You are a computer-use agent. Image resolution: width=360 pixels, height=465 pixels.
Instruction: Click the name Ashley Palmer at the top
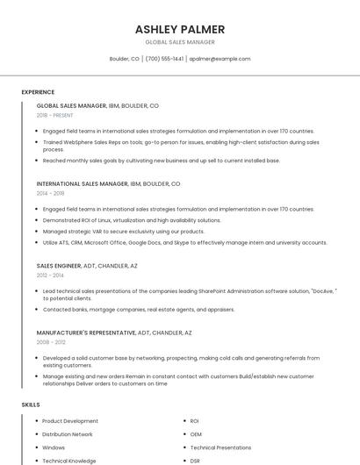179,29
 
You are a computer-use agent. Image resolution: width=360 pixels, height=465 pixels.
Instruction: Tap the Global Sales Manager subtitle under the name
179,42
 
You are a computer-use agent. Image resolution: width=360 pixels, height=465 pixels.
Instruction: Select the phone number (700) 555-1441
164,59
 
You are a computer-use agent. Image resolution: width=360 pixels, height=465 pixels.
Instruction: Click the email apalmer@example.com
220,59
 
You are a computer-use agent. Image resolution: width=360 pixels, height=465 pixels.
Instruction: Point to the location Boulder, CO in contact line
124,59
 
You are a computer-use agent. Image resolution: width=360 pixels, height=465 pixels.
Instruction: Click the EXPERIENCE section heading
38,92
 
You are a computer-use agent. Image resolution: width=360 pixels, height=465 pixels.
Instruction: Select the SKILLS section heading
31,404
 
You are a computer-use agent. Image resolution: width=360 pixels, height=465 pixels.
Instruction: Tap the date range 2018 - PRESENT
55,115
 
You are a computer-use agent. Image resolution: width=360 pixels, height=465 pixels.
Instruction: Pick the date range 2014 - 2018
50,193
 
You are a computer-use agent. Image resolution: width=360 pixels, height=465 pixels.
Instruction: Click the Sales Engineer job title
59,265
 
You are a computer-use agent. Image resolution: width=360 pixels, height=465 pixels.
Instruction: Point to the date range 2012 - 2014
50,275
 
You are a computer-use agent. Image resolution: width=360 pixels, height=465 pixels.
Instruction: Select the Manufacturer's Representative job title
86,333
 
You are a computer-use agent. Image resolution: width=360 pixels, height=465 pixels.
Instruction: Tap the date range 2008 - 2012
50,342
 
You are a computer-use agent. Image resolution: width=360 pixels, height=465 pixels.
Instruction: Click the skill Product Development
70,421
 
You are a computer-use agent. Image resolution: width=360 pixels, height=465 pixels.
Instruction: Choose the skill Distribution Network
68,434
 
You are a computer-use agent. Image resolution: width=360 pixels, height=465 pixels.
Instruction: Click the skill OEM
196,434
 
